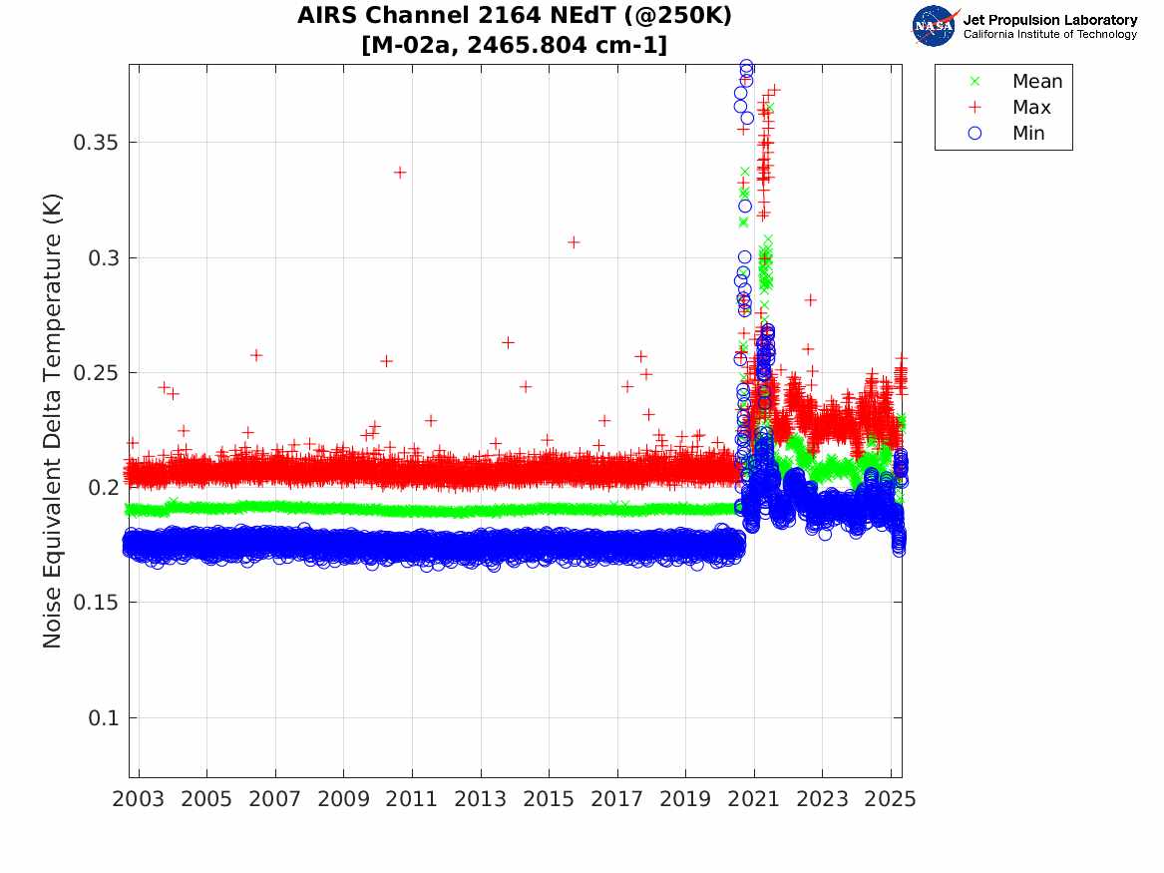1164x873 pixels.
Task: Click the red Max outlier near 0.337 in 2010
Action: [400, 173]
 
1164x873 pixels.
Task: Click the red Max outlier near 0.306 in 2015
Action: [574, 242]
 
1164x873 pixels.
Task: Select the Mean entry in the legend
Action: [1036, 82]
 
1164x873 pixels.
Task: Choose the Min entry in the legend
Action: [1028, 134]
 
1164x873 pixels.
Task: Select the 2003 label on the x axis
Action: [139, 799]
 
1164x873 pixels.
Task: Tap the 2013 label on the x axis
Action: [481, 799]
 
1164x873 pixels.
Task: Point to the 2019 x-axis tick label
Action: [686, 799]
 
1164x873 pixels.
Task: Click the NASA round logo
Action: [935, 26]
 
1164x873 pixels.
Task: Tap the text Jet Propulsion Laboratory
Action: [1050, 20]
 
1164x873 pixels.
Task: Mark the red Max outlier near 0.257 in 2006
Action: [256, 355]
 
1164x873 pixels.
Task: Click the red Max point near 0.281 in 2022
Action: [811, 299]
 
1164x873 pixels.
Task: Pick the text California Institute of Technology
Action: [1050, 35]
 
